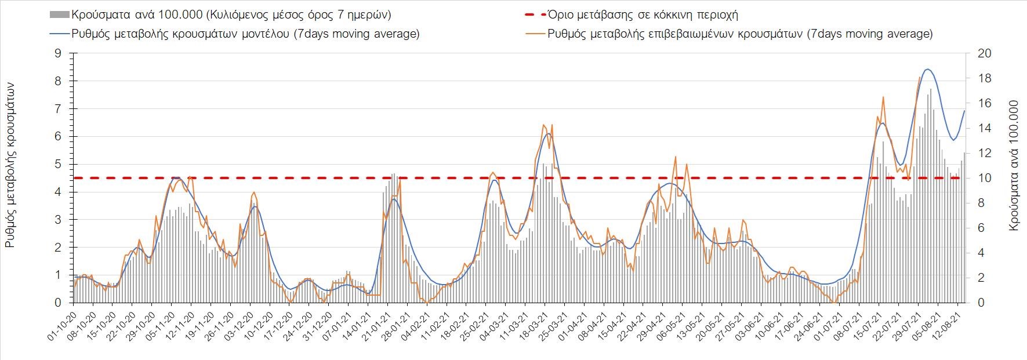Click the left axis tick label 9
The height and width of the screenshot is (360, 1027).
coord(57,53)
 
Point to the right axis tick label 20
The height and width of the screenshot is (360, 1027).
coord(985,53)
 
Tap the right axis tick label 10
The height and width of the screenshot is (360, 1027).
coord(985,178)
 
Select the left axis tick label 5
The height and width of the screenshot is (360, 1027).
coord(57,164)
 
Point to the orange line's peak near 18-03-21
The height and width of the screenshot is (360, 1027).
coord(543,125)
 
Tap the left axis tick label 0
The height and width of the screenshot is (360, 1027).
coord(57,303)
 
